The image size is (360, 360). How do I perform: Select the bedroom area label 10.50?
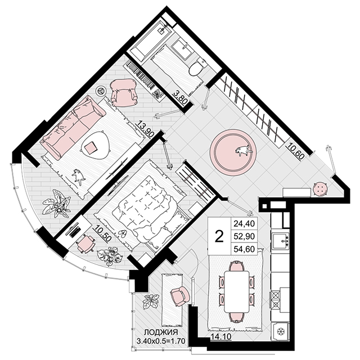pos(103,233)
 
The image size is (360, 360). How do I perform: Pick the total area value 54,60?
pos(244,249)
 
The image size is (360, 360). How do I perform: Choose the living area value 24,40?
pos(244,223)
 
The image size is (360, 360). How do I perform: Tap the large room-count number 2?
pos(219,237)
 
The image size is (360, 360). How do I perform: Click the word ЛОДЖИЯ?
pos(161,332)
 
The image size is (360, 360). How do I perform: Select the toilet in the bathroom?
pos(197,66)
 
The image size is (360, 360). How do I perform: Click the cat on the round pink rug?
pos(244,150)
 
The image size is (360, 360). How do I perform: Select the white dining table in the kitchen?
pos(237,291)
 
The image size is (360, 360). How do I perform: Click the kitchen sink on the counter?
pos(280,241)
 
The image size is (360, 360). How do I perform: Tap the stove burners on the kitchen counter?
pos(275,300)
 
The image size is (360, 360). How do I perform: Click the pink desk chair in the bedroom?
pos(85,244)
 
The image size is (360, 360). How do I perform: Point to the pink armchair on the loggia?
pos(180,296)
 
